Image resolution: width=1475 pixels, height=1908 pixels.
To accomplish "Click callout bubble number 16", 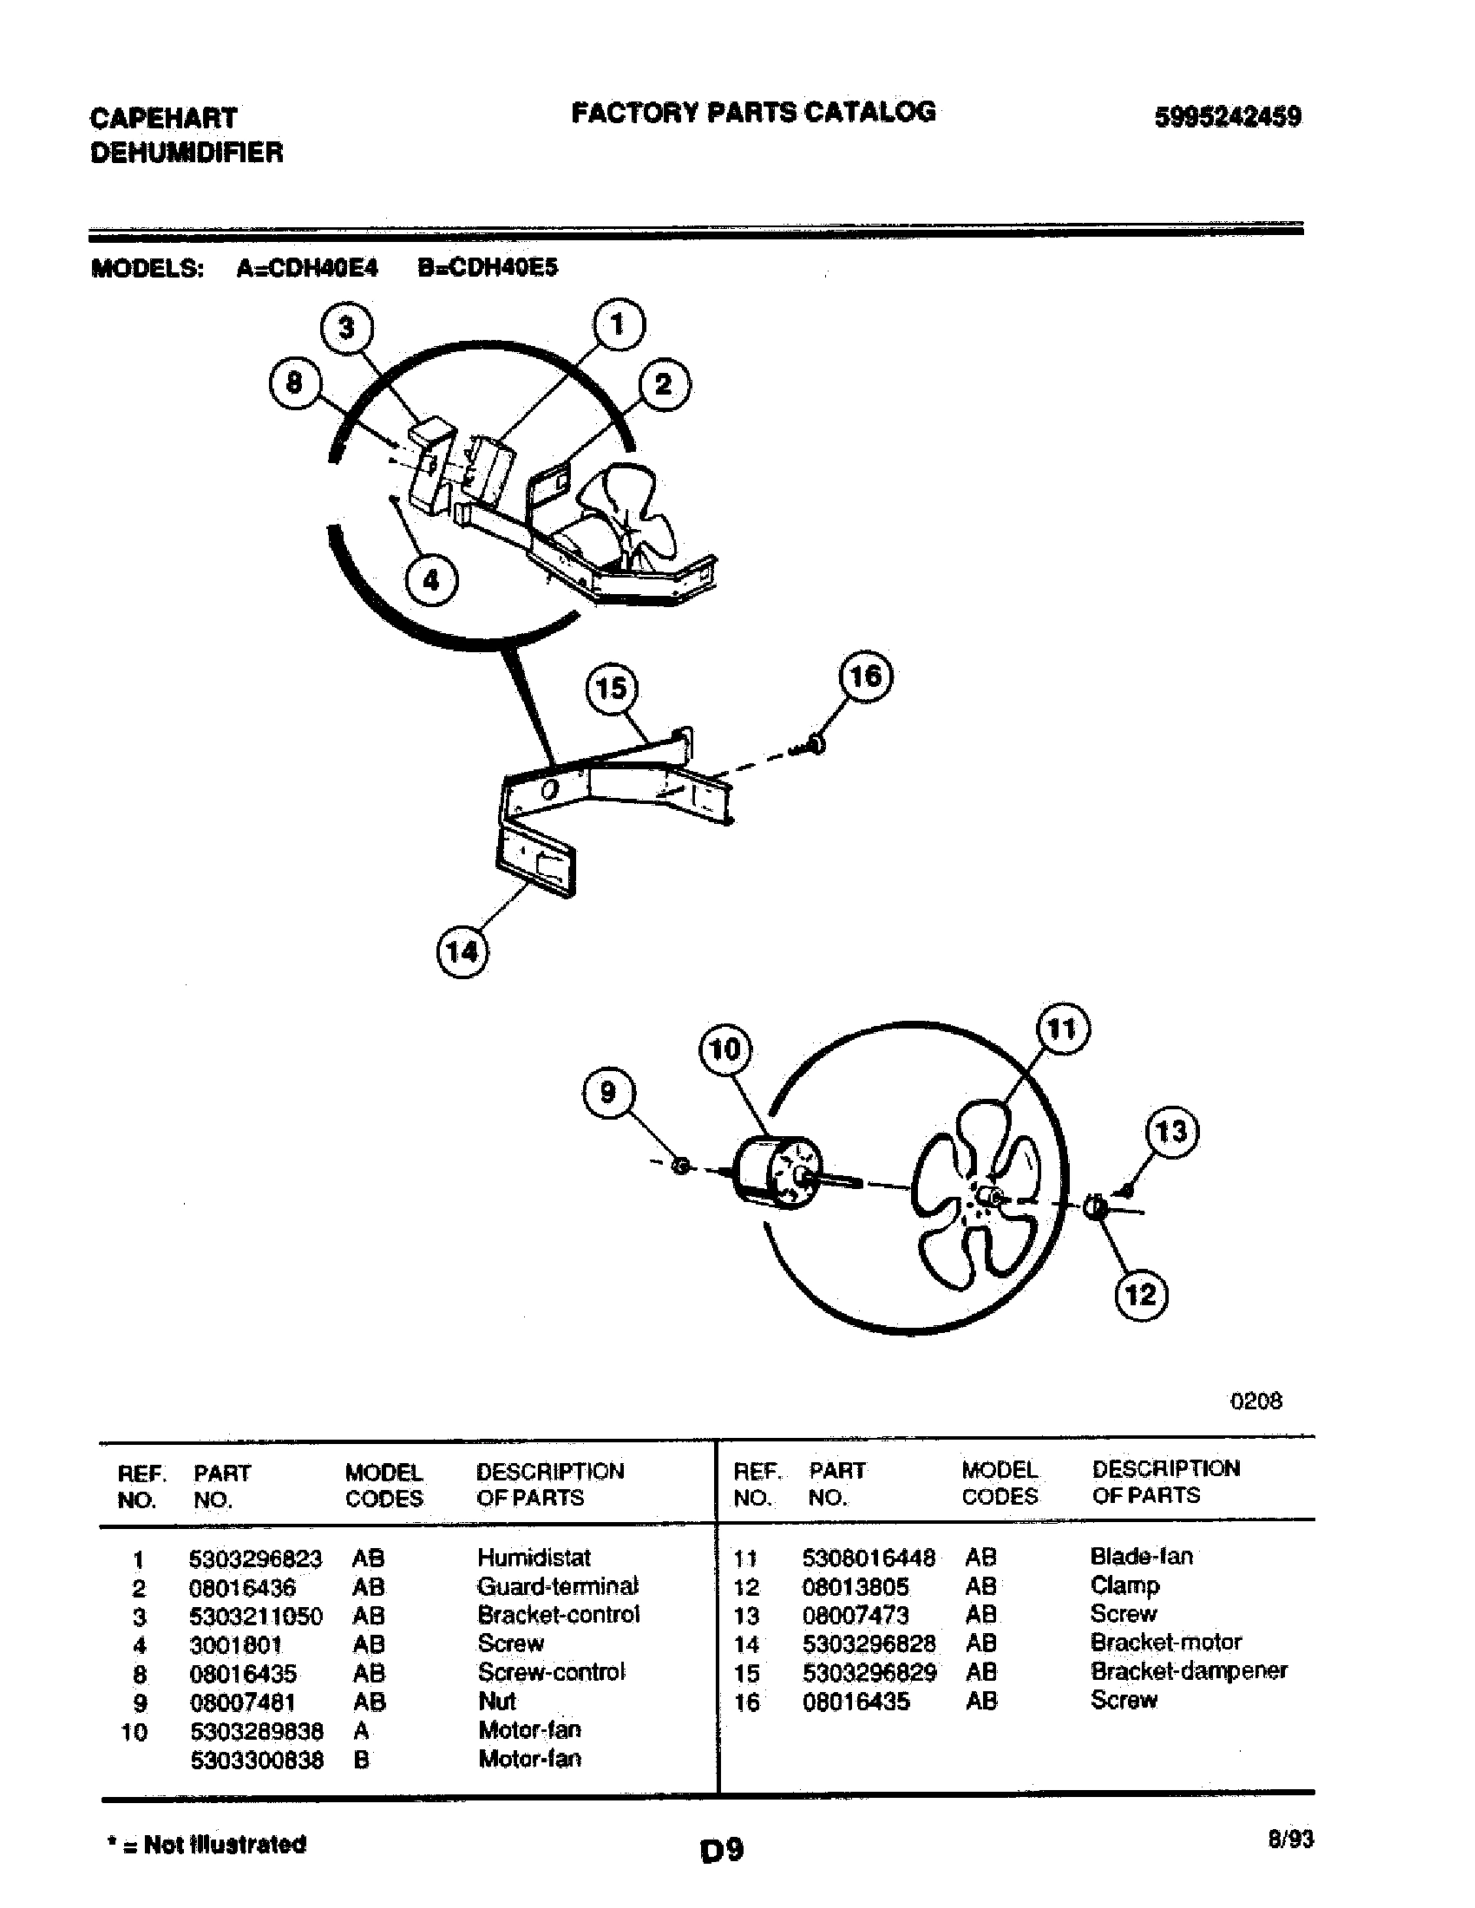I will (866, 677).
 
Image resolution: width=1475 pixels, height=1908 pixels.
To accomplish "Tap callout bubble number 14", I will (462, 951).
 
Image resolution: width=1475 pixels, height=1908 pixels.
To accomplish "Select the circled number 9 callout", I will (608, 1092).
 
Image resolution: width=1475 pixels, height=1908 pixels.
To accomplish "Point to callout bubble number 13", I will (1172, 1131).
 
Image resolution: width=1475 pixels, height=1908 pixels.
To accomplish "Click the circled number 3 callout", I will (347, 329).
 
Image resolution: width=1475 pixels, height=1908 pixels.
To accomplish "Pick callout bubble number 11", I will (1062, 1030).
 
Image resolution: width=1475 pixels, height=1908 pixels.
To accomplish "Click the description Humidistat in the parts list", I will (533, 1558).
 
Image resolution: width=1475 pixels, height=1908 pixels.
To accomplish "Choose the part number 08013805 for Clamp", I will (855, 1586).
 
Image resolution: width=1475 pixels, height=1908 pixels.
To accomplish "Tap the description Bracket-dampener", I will (1189, 1670).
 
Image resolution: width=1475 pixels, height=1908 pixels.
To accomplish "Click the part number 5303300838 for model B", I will (256, 1759).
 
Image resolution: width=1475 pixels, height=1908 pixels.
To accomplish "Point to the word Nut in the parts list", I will (496, 1701).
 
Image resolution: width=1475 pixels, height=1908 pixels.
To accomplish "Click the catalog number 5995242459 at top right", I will (1227, 117).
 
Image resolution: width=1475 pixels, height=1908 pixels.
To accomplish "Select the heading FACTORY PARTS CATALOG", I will (753, 112).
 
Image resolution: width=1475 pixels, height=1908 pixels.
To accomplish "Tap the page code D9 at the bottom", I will (721, 1851).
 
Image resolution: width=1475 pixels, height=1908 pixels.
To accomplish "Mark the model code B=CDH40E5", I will (487, 267).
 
